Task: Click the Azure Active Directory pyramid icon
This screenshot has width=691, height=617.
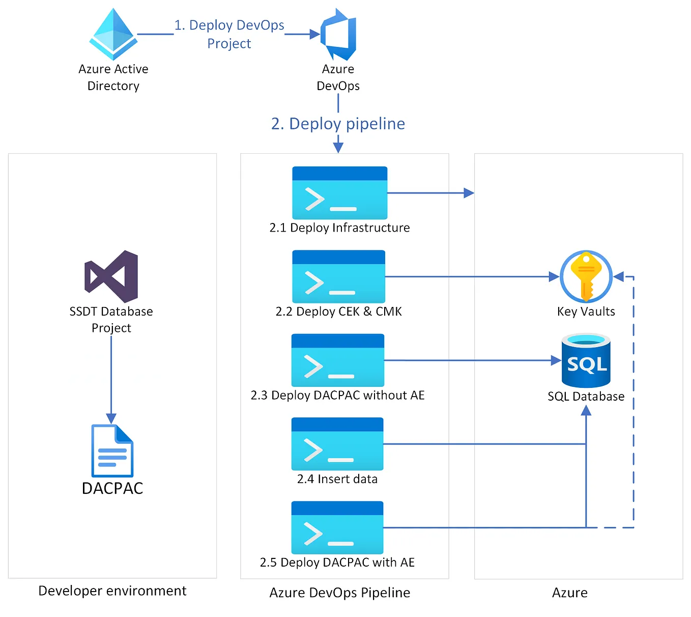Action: coord(113,34)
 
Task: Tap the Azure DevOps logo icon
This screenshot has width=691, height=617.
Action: coord(338,34)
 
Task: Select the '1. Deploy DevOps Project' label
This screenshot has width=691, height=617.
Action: coord(229,34)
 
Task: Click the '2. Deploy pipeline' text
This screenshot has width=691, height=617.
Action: coord(338,124)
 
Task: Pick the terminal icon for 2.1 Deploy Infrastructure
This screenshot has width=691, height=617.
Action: coord(339,193)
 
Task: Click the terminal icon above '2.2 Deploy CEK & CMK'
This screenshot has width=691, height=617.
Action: coord(338,276)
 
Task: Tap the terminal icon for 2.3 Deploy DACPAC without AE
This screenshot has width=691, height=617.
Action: coord(337,360)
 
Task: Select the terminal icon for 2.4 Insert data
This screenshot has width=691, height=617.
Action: coord(337,444)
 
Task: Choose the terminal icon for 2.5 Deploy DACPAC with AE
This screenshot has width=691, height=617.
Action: coord(337,527)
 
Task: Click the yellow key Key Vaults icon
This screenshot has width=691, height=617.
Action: coord(586,276)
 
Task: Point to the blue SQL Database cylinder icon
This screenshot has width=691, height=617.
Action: coord(586,360)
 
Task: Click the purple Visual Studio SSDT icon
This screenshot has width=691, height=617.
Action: coord(111,276)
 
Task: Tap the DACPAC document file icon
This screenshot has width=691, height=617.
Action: coord(112,451)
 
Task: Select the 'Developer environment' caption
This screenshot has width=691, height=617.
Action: coord(112,591)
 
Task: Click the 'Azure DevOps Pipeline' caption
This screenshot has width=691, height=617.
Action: coord(339,593)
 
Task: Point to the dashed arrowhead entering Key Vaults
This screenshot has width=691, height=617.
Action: coord(619,277)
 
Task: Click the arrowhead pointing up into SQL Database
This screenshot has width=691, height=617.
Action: coord(586,410)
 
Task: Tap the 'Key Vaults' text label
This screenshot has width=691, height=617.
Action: coord(586,312)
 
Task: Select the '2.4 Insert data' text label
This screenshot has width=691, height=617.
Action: coord(337,479)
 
